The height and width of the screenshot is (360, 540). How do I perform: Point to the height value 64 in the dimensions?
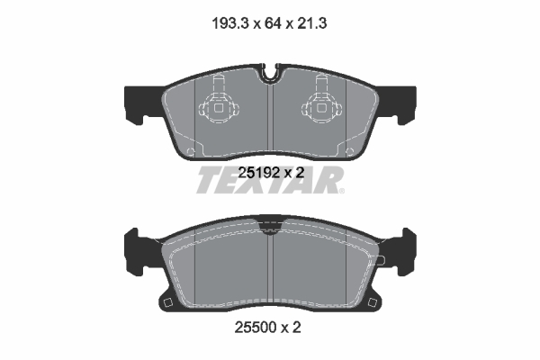268,26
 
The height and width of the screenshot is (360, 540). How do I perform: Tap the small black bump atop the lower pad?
271,220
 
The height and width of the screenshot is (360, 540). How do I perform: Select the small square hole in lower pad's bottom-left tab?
166,300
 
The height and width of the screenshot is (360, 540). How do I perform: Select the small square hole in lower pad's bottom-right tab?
374,300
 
